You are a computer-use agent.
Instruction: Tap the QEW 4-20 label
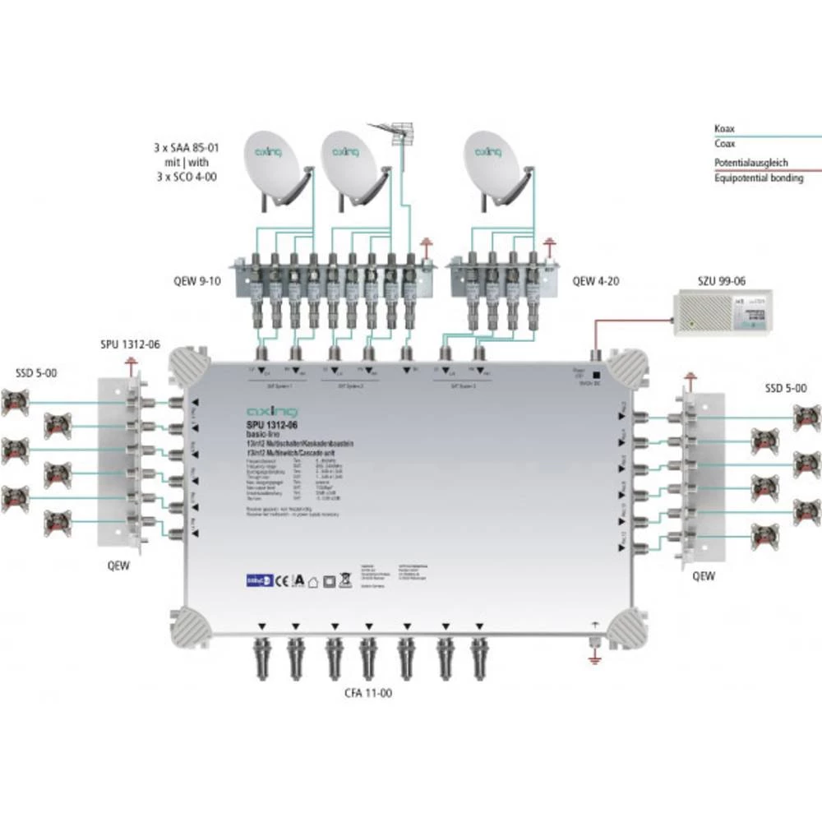pos(596,280)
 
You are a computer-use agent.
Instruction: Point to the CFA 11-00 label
pos(368,693)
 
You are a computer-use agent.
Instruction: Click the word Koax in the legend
pos(724,129)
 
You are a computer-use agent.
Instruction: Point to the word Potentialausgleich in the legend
pos(750,163)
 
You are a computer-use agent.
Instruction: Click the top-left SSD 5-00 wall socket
pos(14,402)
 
